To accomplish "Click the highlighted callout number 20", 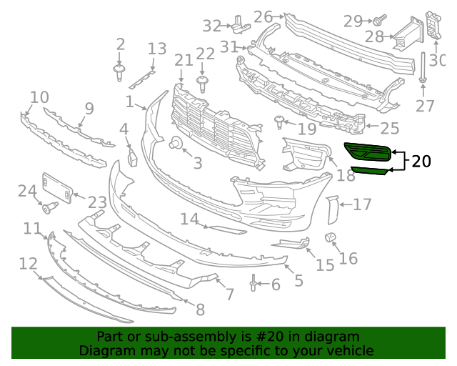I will click(x=421, y=161).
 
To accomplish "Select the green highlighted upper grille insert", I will click(x=367, y=150).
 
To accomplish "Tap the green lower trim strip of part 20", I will click(x=370, y=170).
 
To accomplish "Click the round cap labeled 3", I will click(x=174, y=145).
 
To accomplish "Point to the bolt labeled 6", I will click(x=253, y=285).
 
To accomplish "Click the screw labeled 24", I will click(x=50, y=208).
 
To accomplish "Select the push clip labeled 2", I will click(x=119, y=71).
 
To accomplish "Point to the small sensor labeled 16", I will click(x=331, y=237).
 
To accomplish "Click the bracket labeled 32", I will click(x=236, y=24).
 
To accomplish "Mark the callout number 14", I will click(x=189, y=219).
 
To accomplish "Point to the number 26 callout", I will click(x=263, y=16).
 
